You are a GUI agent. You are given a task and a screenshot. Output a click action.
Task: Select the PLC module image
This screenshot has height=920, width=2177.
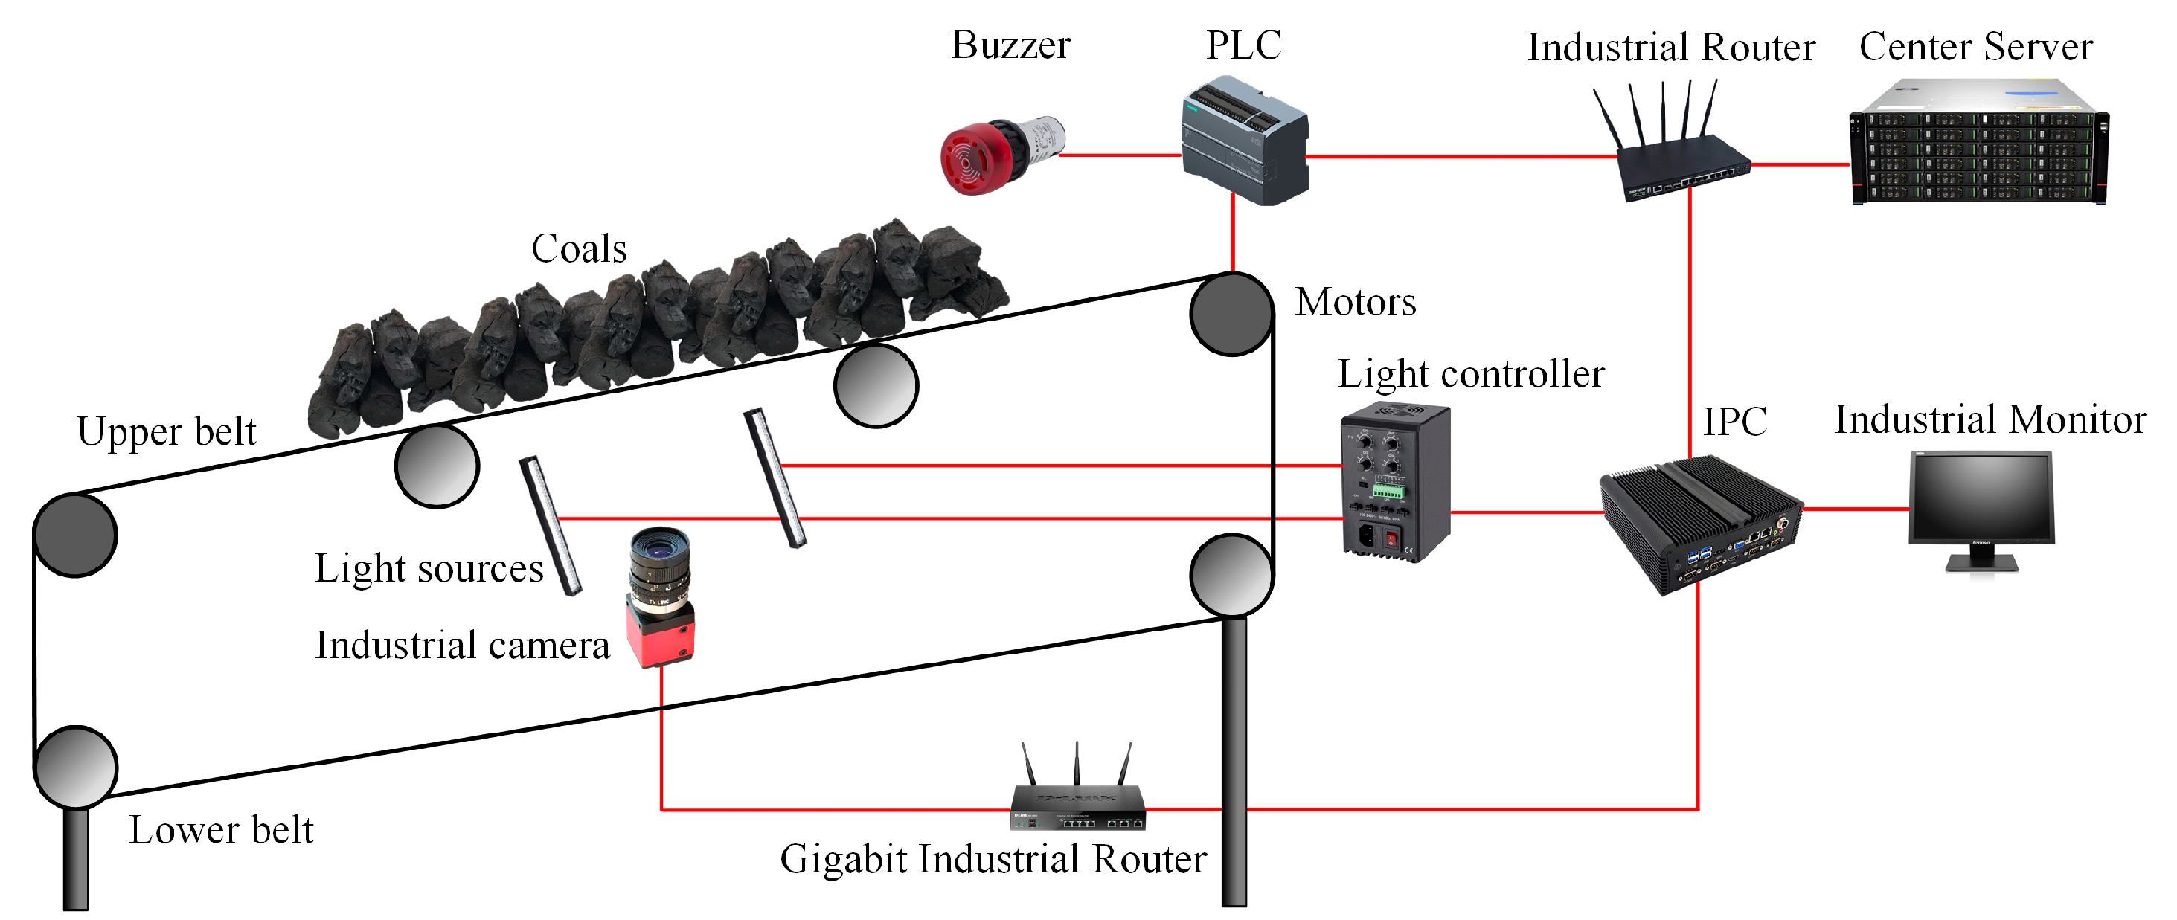[1244, 141]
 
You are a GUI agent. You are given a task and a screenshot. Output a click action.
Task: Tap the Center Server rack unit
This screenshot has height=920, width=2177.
[1978, 144]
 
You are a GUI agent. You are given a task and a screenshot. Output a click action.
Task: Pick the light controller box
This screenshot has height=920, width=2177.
[1395, 483]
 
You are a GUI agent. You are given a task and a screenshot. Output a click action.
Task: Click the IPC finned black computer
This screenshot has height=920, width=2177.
[1700, 524]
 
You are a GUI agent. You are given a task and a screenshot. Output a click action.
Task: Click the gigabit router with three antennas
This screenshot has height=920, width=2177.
[1077, 802]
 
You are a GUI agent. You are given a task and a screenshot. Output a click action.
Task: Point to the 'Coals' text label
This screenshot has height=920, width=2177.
[579, 249]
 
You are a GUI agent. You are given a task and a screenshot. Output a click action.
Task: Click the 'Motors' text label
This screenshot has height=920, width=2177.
[1356, 303]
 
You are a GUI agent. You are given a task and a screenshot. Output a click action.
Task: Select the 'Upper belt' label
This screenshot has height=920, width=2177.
[166, 431]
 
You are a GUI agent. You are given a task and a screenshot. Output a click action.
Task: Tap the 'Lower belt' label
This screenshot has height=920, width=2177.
[220, 829]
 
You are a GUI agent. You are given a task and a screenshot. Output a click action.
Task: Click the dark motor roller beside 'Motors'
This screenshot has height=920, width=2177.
[1231, 313]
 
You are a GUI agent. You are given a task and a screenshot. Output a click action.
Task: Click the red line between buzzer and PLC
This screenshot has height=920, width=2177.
[1120, 155]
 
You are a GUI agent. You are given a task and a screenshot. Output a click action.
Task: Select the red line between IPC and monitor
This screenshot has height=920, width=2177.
[1856, 509]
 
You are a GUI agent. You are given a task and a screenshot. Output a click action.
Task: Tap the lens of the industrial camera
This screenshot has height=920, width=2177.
[660, 553]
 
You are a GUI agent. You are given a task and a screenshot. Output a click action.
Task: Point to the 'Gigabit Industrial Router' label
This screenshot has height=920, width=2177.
[993, 859]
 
